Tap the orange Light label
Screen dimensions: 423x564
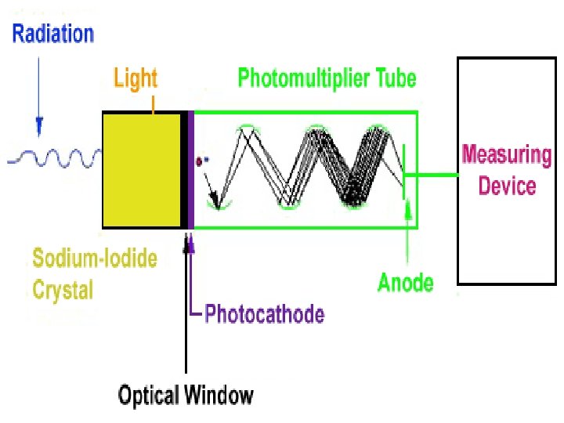click(136, 78)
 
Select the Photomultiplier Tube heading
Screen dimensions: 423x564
click(327, 78)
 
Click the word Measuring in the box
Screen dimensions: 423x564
click(506, 154)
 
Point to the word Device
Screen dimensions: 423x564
click(507, 186)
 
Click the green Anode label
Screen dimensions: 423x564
click(406, 281)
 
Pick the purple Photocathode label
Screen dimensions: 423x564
click(264, 315)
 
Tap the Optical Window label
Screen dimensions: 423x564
click(186, 395)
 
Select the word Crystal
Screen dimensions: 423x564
click(63, 290)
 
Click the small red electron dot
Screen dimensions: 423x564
click(199, 161)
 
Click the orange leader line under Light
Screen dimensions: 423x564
click(154, 102)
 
